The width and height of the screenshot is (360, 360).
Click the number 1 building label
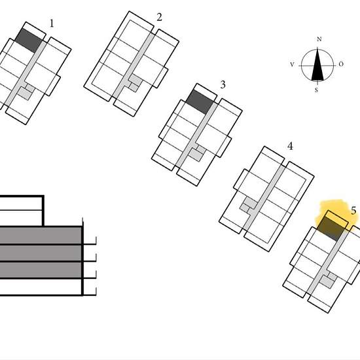[52, 24]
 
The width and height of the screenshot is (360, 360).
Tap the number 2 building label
[159, 17]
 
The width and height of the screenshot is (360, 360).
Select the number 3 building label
[223, 84]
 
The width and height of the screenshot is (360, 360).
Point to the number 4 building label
[290, 146]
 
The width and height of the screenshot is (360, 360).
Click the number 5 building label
[353, 211]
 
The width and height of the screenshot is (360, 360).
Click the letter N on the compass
[319, 39]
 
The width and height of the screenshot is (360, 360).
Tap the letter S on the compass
[316, 90]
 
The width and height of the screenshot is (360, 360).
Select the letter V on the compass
[292, 65]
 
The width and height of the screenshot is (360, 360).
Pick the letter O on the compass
[341, 64]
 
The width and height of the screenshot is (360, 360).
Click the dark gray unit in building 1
[29, 41]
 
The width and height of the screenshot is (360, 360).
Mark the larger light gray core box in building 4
[250, 203]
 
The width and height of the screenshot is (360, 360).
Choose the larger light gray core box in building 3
[196, 154]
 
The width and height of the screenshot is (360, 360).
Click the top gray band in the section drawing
[41, 236]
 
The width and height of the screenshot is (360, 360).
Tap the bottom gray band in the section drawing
[41, 270]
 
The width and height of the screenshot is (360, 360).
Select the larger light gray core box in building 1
[24, 94]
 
